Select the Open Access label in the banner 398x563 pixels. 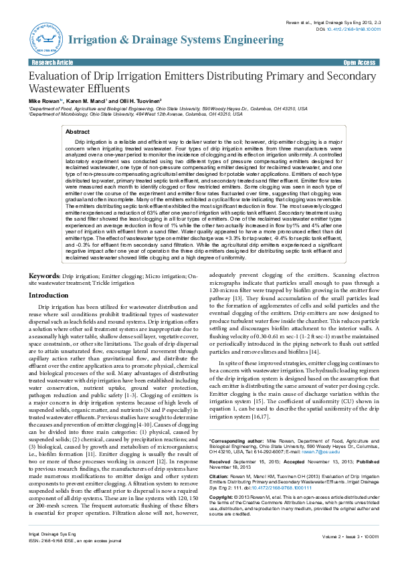[x=359, y=62]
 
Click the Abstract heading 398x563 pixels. [x=78, y=132]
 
